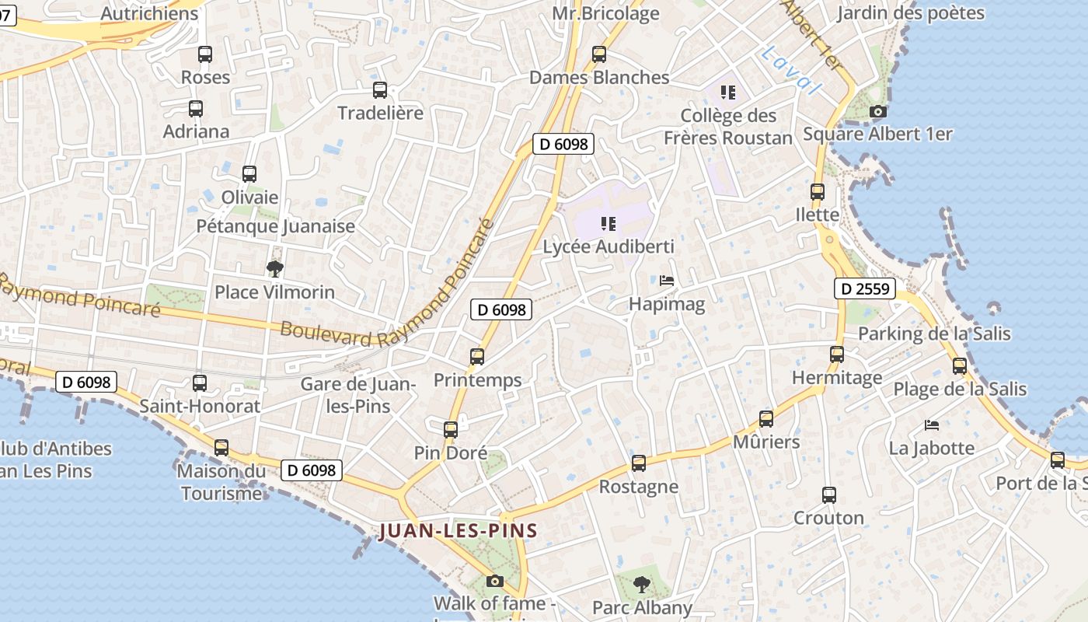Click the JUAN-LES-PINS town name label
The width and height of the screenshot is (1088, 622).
coord(459,531)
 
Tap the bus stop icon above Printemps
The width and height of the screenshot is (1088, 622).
coord(477,357)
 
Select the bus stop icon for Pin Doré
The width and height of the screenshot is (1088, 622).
coord(451,429)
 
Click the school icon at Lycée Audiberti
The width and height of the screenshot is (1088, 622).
coord(609,224)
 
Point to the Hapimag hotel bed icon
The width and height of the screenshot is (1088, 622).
coord(667,281)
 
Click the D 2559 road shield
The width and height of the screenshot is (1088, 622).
coord(865,289)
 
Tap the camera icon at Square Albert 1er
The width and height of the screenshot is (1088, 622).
coord(878,112)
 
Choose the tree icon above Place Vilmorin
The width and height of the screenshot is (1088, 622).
coord(274,269)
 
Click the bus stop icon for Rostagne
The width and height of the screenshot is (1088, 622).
coord(639,463)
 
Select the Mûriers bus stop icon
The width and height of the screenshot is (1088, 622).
coord(766,419)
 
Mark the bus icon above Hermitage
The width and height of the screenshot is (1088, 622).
coord(837,355)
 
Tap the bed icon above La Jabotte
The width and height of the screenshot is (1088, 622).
coord(932,425)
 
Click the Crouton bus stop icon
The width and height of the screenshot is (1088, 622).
coord(829,495)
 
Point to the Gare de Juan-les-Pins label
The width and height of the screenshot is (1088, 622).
coord(358,394)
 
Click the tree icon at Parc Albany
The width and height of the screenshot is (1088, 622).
coord(641,584)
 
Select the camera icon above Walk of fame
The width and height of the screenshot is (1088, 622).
coord(494,581)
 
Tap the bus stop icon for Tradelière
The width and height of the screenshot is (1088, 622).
coord(380,90)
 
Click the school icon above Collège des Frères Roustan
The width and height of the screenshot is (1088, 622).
coord(728,93)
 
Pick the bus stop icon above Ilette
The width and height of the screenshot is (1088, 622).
coord(818,192)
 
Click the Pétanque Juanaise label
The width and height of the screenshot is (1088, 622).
coord(275,226)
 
